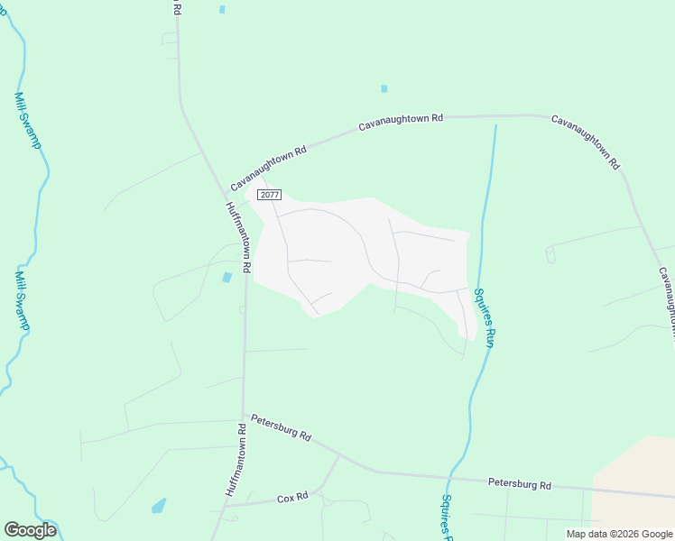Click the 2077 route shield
269,195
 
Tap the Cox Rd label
292,497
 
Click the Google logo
30,529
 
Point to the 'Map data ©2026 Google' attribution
618,534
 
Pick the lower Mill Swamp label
23,301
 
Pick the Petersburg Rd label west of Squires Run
281,426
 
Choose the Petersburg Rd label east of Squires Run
519,483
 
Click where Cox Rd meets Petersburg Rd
338,455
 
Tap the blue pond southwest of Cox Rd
159,505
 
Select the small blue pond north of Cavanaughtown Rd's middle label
384,88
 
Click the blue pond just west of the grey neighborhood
227,277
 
